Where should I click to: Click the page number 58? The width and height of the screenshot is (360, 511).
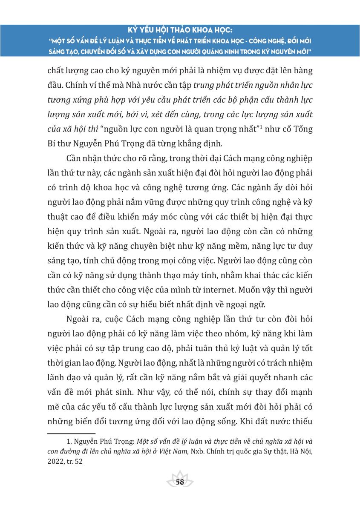[180, 482]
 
